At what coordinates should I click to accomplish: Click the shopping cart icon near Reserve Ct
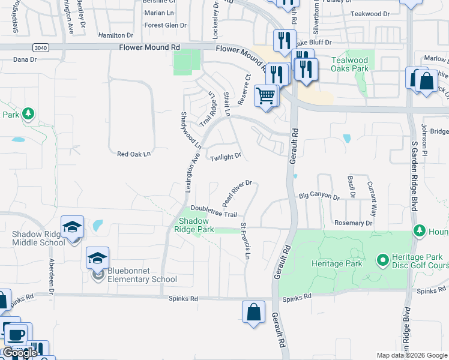(x=266, y=95)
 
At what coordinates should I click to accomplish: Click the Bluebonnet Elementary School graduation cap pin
(x=97, y=259)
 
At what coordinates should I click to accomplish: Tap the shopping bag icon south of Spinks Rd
(x=253, y=313)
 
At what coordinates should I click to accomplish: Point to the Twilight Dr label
(x=226, y=157)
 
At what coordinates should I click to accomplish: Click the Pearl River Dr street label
(x=236, y=192)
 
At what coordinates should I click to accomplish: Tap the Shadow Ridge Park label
(x=194, y=225)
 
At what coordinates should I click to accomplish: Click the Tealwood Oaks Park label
(x=350, y=64)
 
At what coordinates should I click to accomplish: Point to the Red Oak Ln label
(x=133, y=154)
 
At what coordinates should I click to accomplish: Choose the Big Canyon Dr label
(x=319, y=196)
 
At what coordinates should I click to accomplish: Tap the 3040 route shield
(x=41, y=47)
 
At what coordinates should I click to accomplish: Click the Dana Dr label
(x=25, y=59)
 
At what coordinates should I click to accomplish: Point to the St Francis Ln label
(x=245, y=241)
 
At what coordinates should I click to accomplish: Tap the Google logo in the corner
(x=19, y=353)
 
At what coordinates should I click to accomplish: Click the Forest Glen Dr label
(x=166, y=25)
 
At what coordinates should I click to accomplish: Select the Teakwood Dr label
(x=370, y=13)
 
